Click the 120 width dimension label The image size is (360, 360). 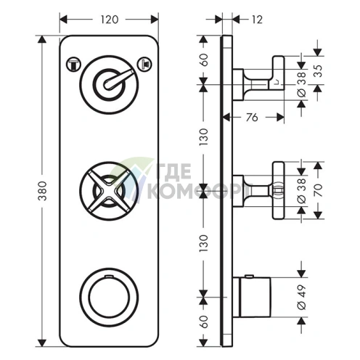110,20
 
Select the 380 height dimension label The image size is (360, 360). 43,191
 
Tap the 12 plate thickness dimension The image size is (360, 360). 257,20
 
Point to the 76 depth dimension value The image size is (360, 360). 252,118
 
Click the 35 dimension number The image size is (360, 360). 319,71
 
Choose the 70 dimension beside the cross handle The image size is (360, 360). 319,190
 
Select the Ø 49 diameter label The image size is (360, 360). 302,297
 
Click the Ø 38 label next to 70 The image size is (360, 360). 302,191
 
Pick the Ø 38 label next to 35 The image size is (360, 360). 302,85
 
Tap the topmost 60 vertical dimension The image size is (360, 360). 204,60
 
